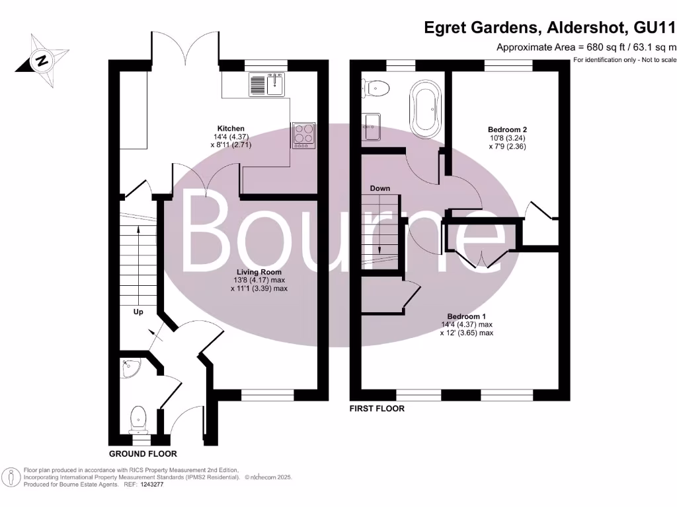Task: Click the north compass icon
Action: point(42,61)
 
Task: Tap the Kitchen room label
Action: point(231,128)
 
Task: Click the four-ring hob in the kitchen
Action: point(303,135)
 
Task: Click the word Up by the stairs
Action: point(139,312)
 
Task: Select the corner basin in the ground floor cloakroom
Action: point(130,368)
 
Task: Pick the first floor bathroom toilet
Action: point(378,87)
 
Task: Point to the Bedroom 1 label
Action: point(466,316)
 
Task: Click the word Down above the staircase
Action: point(379,188)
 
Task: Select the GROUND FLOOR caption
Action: point(143,454)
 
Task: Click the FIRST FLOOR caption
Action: point(377,409)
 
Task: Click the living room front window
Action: point(267,395)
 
